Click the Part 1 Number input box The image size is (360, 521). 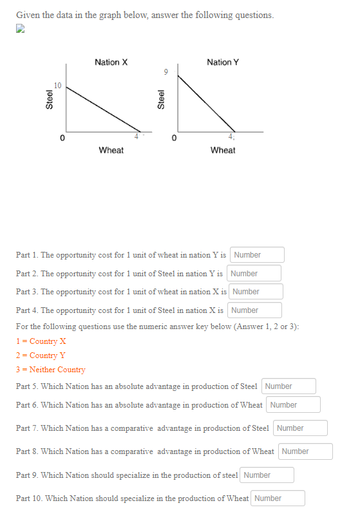click(256, 255)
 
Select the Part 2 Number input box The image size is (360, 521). click(254, 274)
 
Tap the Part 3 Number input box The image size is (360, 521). click(256, 292)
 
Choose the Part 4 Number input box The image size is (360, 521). click(254, 310)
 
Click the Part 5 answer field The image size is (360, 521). click(289, 386)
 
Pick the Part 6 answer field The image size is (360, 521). click(294, 405)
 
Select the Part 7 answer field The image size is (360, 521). click(300, 428)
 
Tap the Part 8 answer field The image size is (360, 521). click(305, 451)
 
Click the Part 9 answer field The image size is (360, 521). click(267, 475)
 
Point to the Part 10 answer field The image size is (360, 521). click(278, 498)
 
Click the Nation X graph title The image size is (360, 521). click(111, 62)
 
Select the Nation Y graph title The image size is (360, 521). click(223, 62)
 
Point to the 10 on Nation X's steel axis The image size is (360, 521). click(58, 86)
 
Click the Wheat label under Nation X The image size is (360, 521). click(111, 151)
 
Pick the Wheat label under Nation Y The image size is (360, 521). click(223, 151)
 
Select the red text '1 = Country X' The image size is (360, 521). click(41, 341)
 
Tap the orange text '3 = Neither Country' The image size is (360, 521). click(51, 370)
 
